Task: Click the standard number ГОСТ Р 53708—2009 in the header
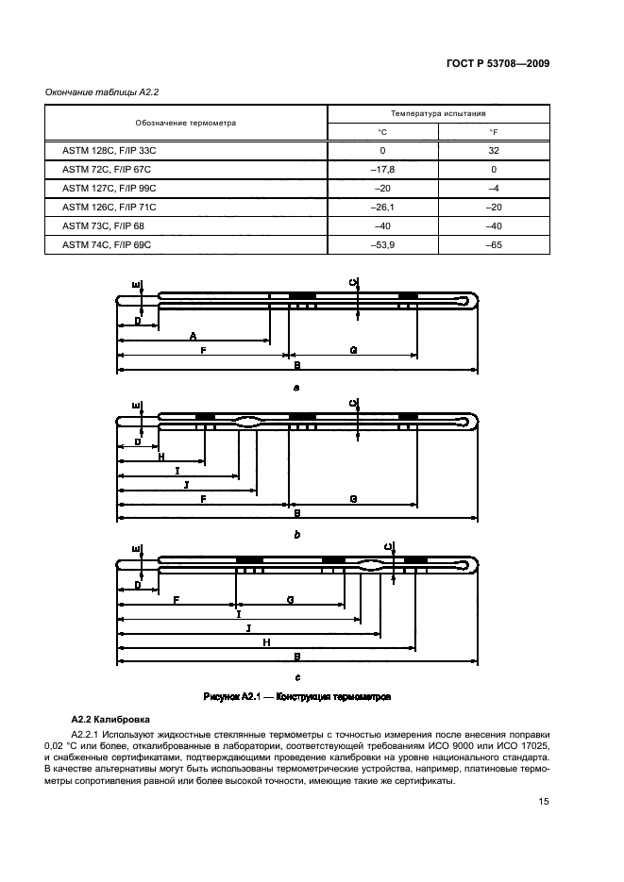pos(497,64)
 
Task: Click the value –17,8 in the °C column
pos(382,170)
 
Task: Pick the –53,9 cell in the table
pos(382,244)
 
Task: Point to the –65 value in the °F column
pos(492,244)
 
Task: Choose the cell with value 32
pos(492,151)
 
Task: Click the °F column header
pos(492,132)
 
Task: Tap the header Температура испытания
pos(437,113)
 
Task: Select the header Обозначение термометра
pos(185,123)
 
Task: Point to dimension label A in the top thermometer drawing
pos(193,336)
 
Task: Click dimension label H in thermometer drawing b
pos(160,456)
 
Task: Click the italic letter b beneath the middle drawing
pos(296,534)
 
